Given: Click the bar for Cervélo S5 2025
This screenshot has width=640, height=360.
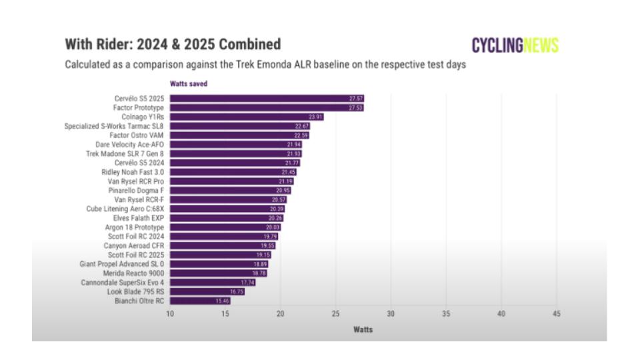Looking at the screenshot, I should (267, 98).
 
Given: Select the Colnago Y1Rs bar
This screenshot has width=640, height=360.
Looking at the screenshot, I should (247, 117).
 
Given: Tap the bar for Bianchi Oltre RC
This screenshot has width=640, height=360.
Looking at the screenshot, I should (200, 301).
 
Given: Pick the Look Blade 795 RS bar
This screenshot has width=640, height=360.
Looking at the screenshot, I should (207, 292).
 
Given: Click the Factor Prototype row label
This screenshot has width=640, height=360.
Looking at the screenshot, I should (139, 107).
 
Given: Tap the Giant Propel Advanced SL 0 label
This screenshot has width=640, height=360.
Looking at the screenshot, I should (121, 264).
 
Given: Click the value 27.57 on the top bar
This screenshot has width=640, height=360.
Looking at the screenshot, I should (356, 98).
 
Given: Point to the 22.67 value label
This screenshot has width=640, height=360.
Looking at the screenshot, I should (302, 126).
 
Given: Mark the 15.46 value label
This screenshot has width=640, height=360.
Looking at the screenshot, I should (222, 301).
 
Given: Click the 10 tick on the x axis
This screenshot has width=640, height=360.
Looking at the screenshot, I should (170, 314).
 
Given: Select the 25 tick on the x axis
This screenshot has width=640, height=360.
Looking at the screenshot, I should (335, 314).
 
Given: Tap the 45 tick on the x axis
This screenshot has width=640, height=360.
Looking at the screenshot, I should (556, 314).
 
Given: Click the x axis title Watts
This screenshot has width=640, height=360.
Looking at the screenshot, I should (363, 329).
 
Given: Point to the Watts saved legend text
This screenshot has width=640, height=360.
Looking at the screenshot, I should (189, 84).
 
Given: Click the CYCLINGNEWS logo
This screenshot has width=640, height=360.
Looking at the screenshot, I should (515, 45).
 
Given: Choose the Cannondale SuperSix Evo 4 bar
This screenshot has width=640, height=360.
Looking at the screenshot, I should (213, 283).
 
